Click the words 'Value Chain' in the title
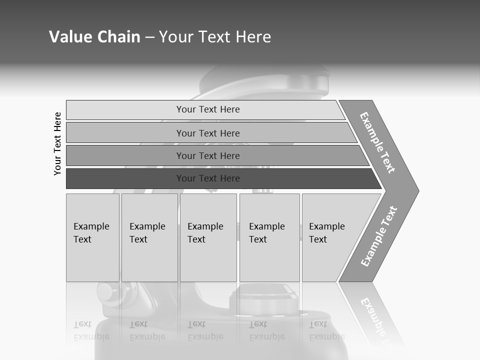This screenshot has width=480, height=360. click(x=94, y=36)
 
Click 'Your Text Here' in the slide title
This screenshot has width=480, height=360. click(x=215, y=36)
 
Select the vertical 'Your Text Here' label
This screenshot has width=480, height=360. click(x=57, y=143)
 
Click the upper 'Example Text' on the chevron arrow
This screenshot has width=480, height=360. click(x=377, y=142)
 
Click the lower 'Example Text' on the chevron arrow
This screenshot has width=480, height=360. click(x=379, y=236)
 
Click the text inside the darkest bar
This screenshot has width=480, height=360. click(x=208, y=178)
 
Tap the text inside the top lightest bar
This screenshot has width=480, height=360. click(x=208, y=109)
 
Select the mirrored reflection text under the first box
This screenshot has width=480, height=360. click(x=91, y=330)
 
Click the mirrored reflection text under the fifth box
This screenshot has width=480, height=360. click(x=326, y=330)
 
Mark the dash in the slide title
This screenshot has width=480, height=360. click(x=149, y=37)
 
